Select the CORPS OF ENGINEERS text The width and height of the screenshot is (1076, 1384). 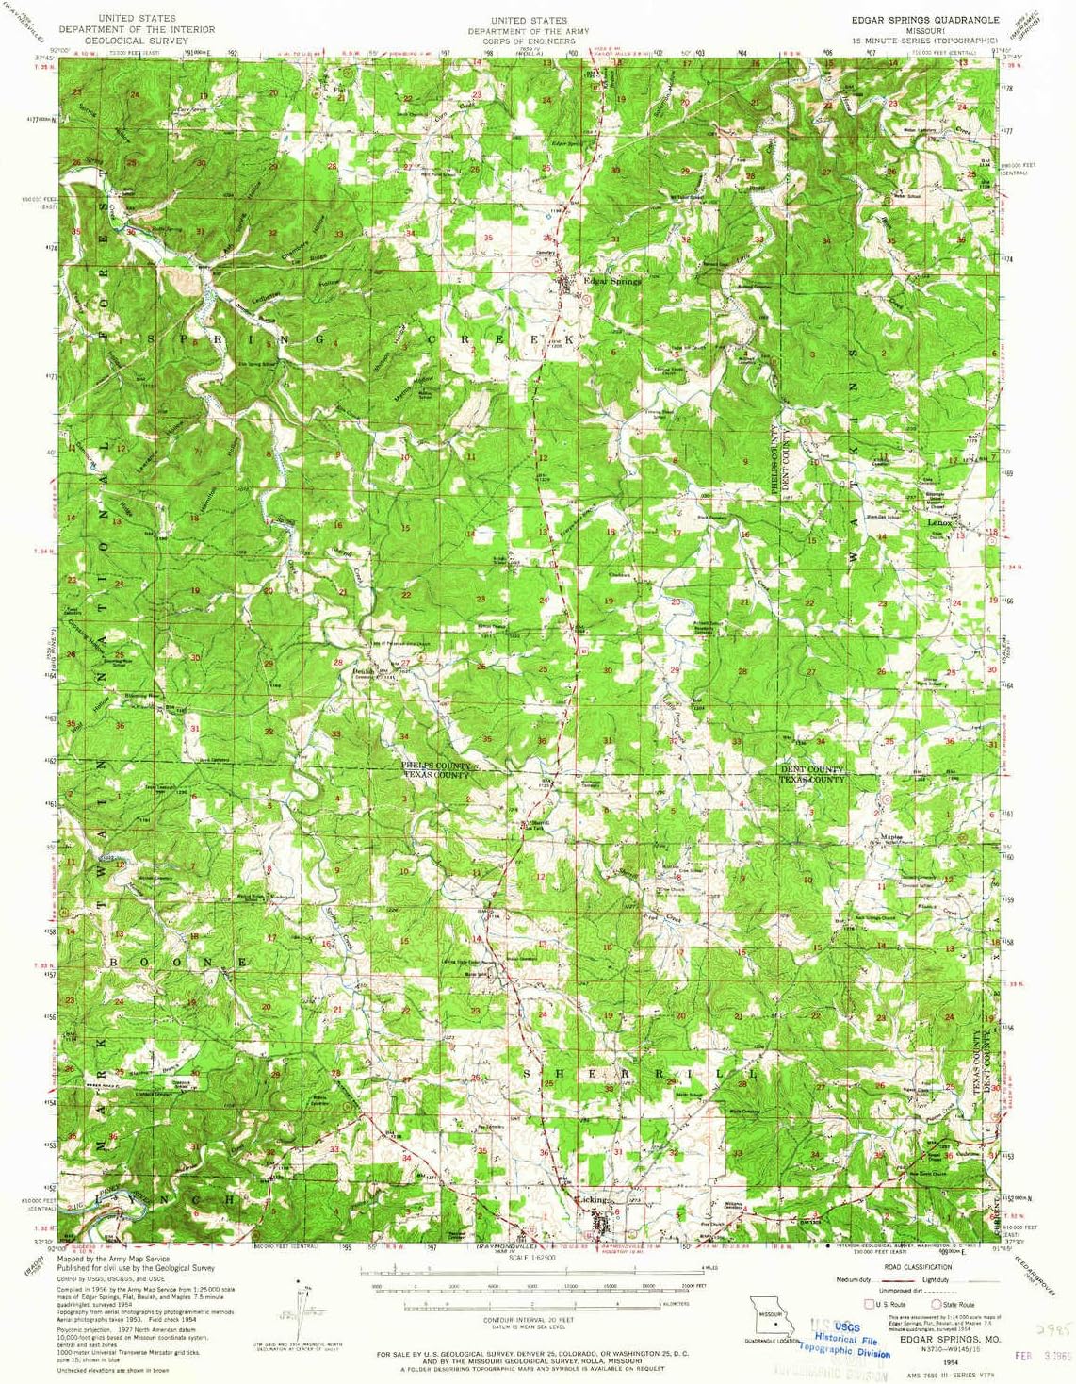coord(529,41)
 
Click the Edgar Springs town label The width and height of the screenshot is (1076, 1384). coord(611,281)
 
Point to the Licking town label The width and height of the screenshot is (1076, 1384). coord(593,1199)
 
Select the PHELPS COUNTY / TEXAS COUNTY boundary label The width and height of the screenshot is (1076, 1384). coord(435,769)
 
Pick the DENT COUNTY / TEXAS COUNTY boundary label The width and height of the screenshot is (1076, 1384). coord(812,775)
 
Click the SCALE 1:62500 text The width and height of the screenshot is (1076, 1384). coord(530,1258)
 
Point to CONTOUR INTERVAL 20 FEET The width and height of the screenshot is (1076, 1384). coord(530,1320)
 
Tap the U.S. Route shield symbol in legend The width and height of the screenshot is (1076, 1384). coord(870,1304)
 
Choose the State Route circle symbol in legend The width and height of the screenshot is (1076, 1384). coord(936,1304)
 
